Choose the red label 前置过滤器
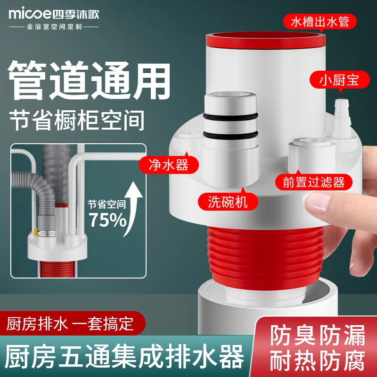[314, 182]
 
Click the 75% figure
[107, 221]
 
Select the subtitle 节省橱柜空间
[76, 121]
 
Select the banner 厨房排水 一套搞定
[71, 324]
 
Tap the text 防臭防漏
[317, 336]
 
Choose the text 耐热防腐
[317, 361]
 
